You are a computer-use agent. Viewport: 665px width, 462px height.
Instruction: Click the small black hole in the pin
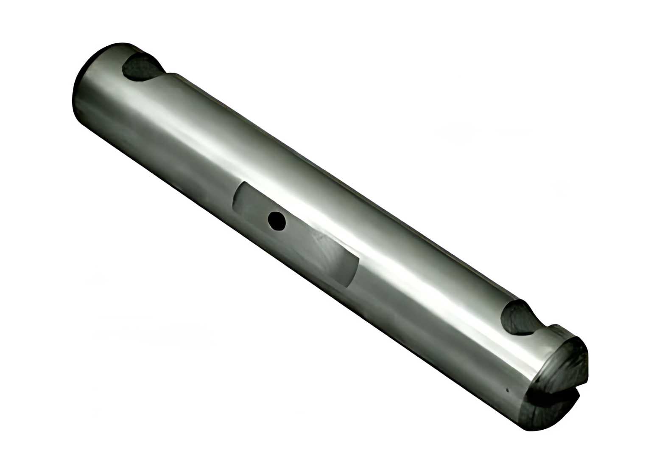pyautogui.click(x=277, y=221)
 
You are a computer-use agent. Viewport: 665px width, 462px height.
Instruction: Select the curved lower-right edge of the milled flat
pyautogui.click(x=354, y=272)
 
